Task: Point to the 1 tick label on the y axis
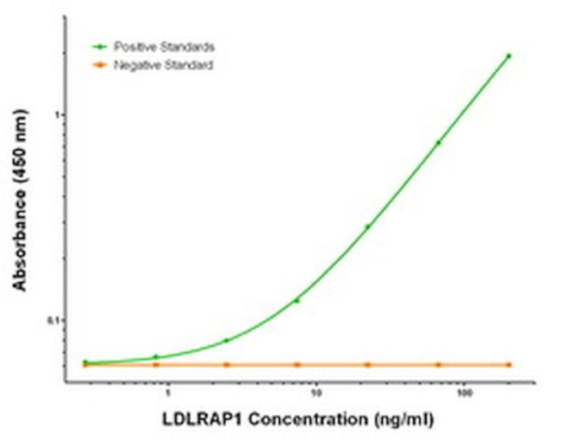pos(59,115)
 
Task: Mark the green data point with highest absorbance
pos(508,56)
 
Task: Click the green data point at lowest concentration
pos(85,362)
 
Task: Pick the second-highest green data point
pos(438,142)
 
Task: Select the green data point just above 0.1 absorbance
pos(297,300)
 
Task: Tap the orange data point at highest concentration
pos(508,364)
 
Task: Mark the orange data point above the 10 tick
pos(297,364)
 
